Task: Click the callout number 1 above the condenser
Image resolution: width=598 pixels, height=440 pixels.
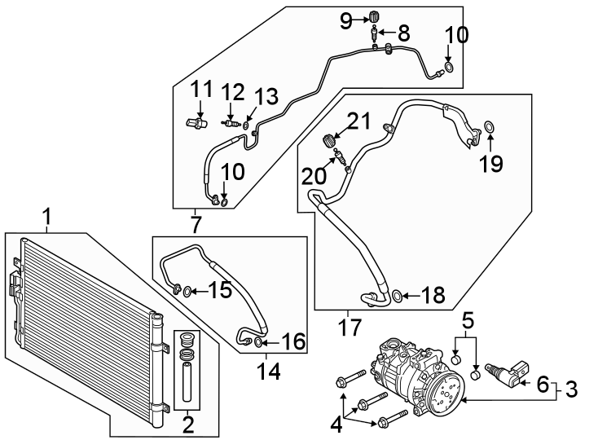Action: tap(47, 218)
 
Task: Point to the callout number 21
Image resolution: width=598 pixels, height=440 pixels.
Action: tap(358, 121)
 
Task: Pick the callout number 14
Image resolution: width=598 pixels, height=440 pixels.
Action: tap(268, 372)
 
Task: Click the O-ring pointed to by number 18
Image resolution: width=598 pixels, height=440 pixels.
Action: tap(395, 296)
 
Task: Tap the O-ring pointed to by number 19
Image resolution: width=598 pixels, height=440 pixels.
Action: tap(489, 126)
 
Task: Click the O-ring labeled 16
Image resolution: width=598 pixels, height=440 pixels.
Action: tap(259, 343)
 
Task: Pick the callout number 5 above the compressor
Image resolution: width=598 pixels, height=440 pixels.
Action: tap(468, 319)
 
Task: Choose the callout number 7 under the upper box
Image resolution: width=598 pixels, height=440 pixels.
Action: tap(196, 222)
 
